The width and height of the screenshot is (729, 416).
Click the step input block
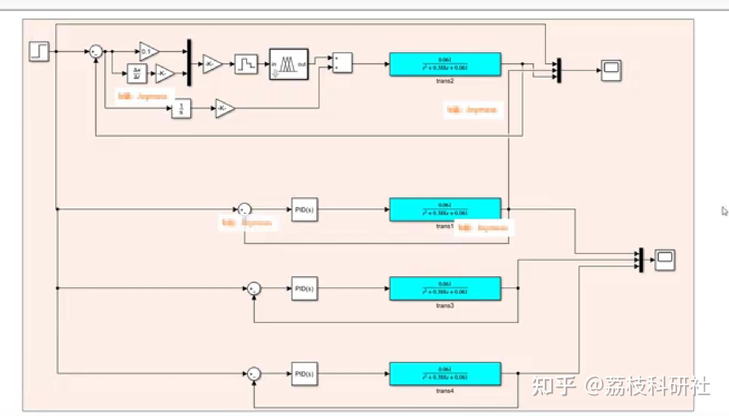[x=39, y=51]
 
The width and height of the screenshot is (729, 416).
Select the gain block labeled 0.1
[x=148, y=51]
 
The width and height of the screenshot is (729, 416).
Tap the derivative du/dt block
[x=137, y=73]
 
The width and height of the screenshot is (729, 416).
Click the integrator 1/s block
[x=181, y=108]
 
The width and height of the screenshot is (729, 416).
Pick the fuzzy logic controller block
[x=289, y=64]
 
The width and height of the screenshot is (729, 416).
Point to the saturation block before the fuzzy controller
[x=246, y=64]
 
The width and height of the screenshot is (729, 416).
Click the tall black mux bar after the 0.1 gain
[x=189, y=62]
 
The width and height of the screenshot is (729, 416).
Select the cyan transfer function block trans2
[x=445, y=64]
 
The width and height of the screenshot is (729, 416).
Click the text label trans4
[x=445, y=391]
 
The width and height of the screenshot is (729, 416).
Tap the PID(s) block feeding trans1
[x=304, y=210]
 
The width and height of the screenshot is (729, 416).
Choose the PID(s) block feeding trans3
[x=304, y=289]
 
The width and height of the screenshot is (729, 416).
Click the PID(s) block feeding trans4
[x=304, y=374]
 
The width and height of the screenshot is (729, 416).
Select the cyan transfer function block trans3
[x=445, y=288]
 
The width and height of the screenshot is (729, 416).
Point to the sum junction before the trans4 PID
[x=254, y=374]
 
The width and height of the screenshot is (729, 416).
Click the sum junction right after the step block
[x=96, y=52]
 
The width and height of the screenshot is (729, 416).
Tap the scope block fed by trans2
[x=611, y=70]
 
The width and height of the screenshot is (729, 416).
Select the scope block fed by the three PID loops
[x=665, y=260]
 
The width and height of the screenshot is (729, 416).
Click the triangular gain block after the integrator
[x=224, y=108]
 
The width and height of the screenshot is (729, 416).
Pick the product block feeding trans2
[x=342, y=63]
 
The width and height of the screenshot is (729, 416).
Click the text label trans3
[x=445, y=306]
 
